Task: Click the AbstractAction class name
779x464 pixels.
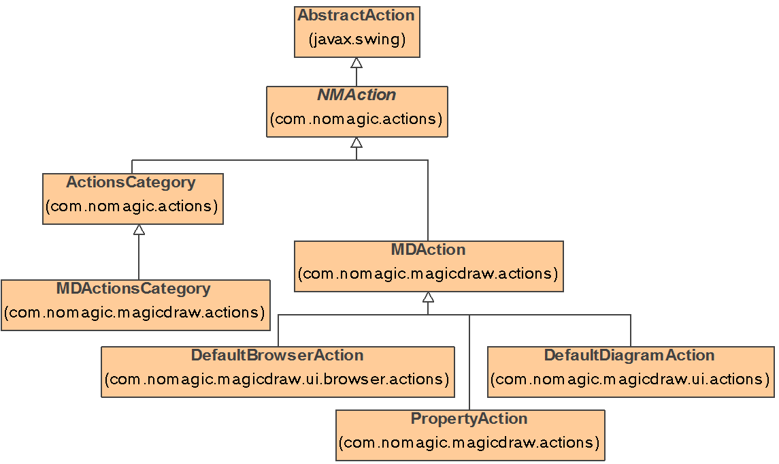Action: click(x=356, y=15)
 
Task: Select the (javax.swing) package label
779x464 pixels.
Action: click(x=357, y=40)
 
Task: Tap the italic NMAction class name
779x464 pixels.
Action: click(x=357, y=95)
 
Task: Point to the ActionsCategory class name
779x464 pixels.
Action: click(x=131, y=183)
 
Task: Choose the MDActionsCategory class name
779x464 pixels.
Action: click(x=133, y=289)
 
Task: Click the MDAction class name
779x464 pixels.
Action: click(x=428, y=249)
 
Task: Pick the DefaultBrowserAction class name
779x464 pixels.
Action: click(x=277, y=356)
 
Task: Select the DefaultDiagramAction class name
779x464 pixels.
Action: click(x=629, y=356)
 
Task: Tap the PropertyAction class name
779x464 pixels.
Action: click(x=469, y=418)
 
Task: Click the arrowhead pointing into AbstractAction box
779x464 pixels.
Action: click(x=357, y=63)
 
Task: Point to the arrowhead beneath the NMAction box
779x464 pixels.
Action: click(x=357, y=142)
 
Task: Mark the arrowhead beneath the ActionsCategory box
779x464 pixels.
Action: click(x=139, y=230)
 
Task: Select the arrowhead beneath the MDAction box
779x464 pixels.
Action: click(x=428, y=297)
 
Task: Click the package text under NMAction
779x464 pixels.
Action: click(x=357, y=119)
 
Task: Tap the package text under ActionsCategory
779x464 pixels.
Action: click(x=131, y=206)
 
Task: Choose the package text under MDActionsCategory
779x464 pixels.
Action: click(x=134, y=313)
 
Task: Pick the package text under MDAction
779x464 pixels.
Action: click(x=428, y=274)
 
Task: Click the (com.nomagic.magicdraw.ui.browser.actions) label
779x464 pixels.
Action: click(x=277, y=380)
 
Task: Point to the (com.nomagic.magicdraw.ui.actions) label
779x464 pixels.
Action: click(x=630, y=380)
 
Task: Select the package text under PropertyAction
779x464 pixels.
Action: click(x=469, y=443)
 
